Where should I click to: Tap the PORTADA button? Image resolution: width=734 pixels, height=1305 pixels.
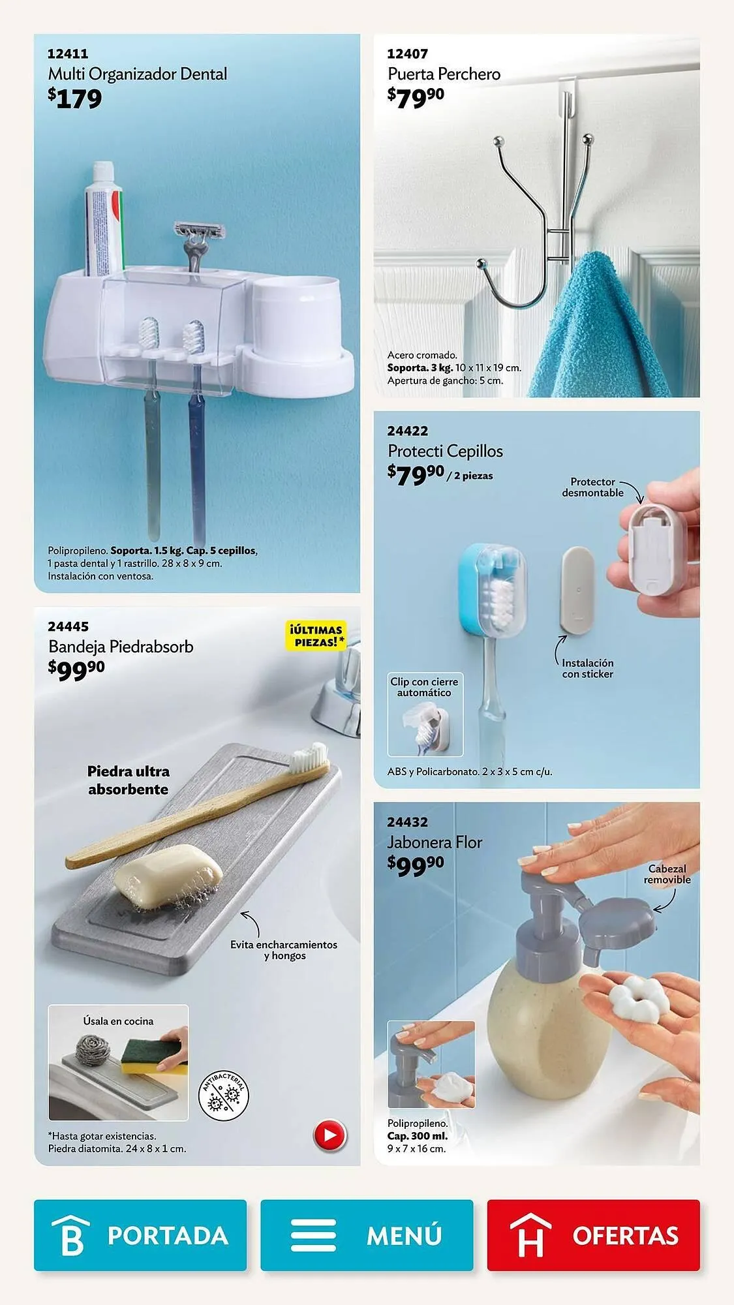[x=140, y=1235]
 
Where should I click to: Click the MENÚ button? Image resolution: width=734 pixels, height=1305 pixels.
[x=367, y=1235]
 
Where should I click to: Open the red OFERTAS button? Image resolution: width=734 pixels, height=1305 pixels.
[x=593, y=1235]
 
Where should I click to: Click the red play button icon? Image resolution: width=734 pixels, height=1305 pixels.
[x=330, y=1135]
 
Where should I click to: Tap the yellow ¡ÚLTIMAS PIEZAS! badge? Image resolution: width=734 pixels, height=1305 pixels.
[x=315, y=636]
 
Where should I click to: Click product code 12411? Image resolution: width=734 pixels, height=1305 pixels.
[x=68, y=54]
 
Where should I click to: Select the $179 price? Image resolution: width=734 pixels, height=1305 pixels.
[x=75, y=99]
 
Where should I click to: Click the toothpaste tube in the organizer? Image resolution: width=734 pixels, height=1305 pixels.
[x=104, y=219]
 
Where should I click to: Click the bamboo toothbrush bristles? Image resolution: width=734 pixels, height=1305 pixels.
[x=310, y=756]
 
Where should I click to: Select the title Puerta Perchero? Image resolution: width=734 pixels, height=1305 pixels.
[x=444, y=74]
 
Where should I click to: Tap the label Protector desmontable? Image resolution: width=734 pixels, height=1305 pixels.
[x=592, y=487]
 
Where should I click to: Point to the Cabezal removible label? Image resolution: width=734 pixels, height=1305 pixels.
[x=667, y=874]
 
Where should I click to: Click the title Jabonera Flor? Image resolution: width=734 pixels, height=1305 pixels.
[x=435, y=842]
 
